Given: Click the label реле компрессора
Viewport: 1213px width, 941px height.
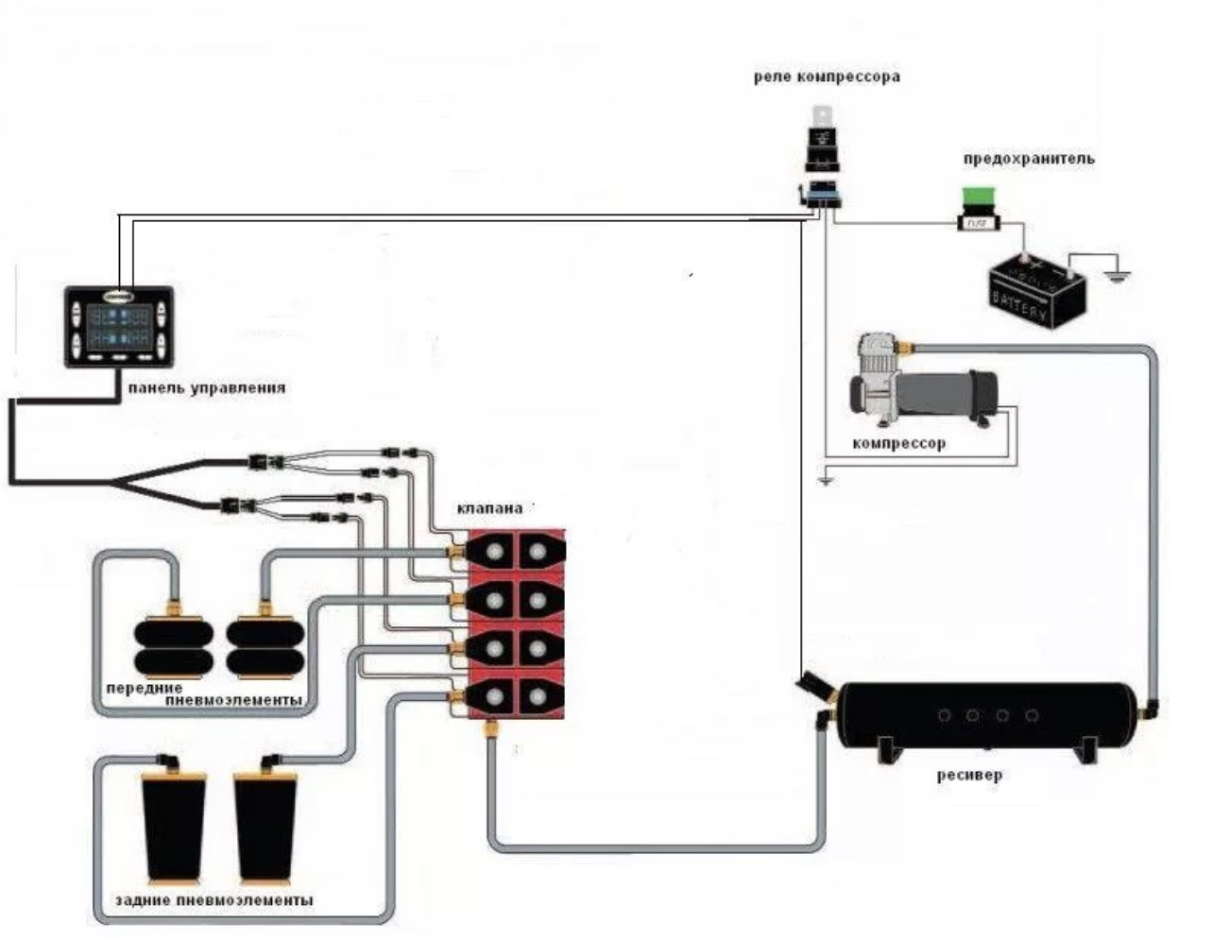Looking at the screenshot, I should pos(827,77).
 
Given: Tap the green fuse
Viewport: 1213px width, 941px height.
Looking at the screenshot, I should pos(975,198).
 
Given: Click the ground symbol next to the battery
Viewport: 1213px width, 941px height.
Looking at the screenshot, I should pos(1118,276).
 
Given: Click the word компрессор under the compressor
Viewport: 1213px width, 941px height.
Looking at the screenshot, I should pos(898,443).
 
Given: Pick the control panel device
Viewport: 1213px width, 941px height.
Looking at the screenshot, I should pos(118,326).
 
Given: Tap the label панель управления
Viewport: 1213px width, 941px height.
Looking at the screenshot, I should pos(205,387).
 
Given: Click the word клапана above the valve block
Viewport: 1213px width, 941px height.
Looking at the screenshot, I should pos(488,508).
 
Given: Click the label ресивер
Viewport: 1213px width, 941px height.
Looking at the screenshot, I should pos(969,776).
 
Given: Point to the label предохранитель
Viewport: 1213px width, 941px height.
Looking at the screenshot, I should pos(1029,159).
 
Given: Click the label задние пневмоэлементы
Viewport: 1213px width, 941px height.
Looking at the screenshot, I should pos(214,900).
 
